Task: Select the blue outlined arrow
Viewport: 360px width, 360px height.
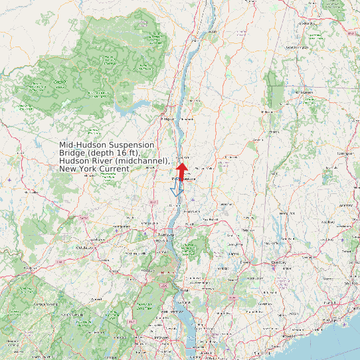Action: coord(177,190)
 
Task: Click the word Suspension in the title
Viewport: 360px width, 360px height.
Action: coord(132,145)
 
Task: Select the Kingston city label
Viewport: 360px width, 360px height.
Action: coord(166,119)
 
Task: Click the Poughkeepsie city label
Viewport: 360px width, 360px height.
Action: coord(185,179)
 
